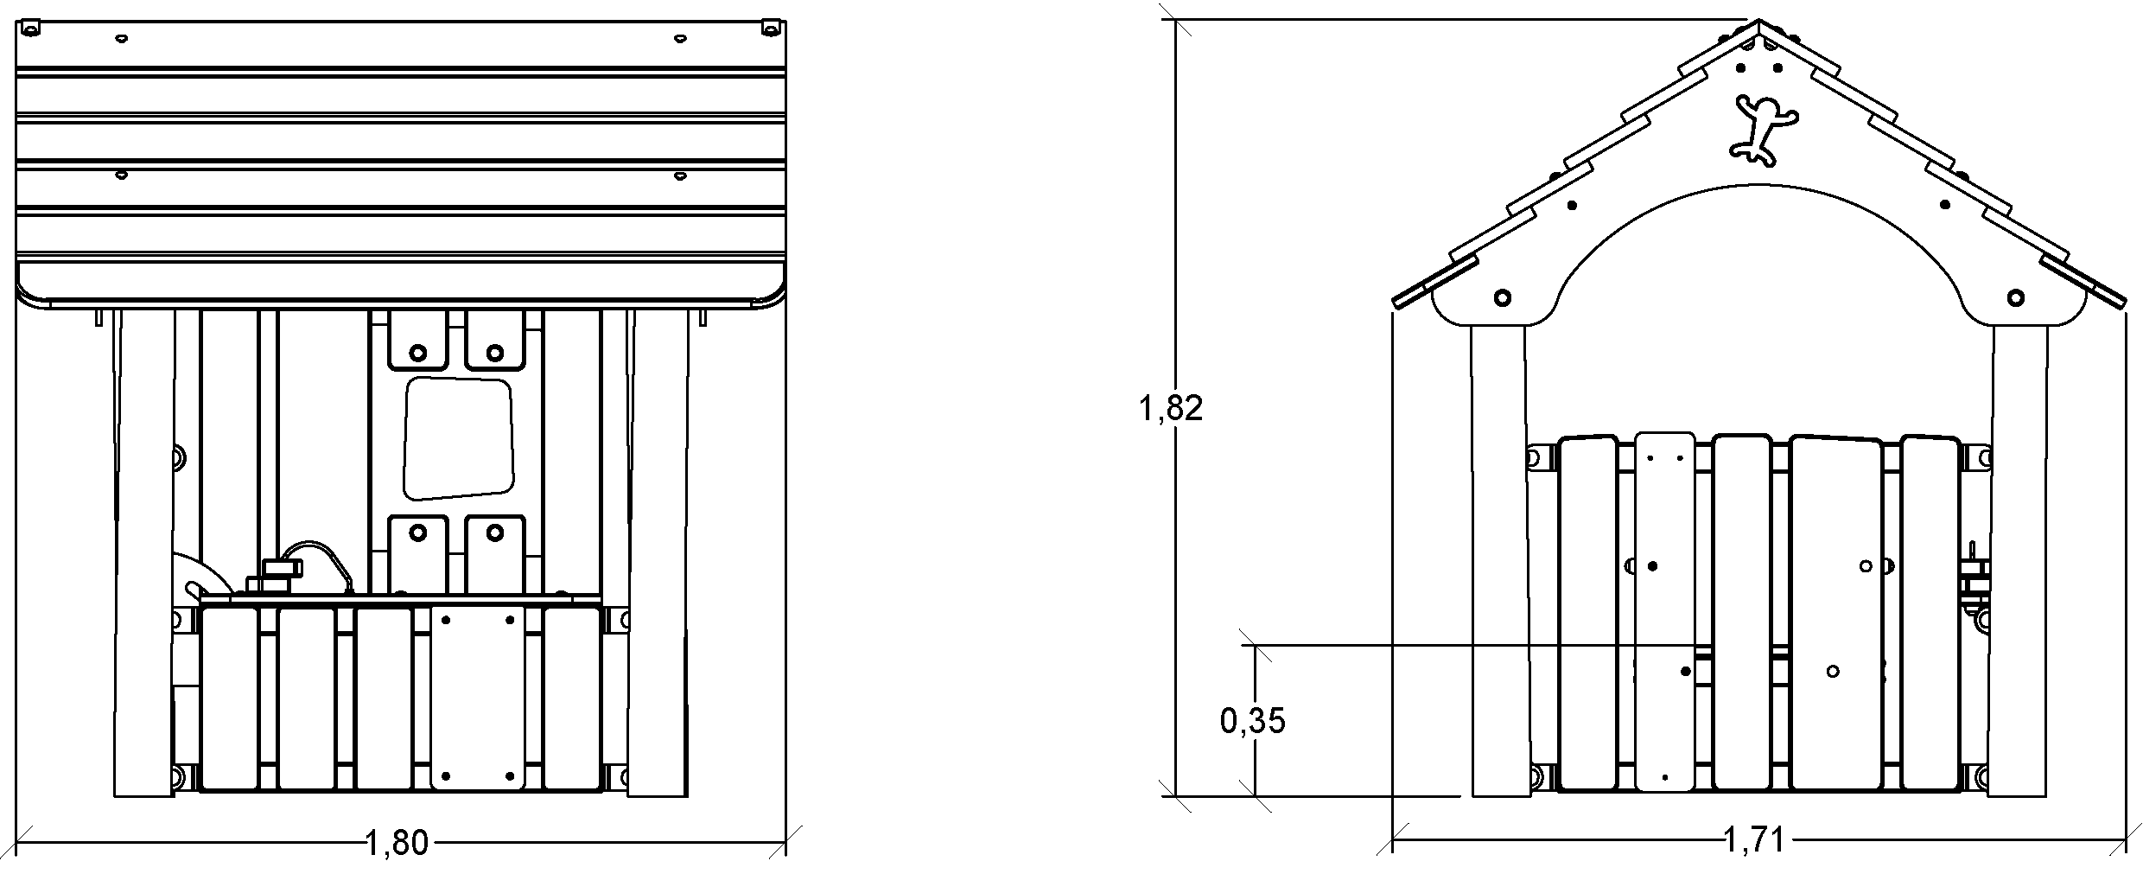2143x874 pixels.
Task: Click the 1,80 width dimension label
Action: tap(397, 842)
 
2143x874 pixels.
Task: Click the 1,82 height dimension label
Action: tap(1170, 408)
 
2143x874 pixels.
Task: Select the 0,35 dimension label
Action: tap(1252, 720)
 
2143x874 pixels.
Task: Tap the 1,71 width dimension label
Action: tap(1754, 839)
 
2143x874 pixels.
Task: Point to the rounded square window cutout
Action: tap(458, 438)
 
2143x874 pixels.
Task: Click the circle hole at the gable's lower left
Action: tap(1502, 297)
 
